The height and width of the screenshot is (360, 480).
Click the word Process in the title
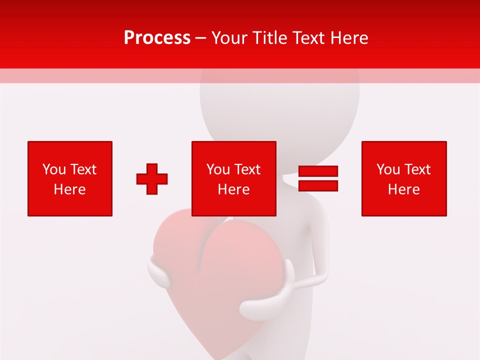157,38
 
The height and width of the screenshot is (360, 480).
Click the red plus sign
152,178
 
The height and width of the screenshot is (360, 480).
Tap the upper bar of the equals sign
318,171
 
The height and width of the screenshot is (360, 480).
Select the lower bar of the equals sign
318,186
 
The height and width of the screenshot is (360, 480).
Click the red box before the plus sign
70,178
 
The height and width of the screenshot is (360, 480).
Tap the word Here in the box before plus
69,189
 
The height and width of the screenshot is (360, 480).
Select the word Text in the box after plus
248,169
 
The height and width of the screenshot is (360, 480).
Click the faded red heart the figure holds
215,280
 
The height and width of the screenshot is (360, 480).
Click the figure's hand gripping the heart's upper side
159,272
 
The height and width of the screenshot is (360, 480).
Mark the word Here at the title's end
349,38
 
